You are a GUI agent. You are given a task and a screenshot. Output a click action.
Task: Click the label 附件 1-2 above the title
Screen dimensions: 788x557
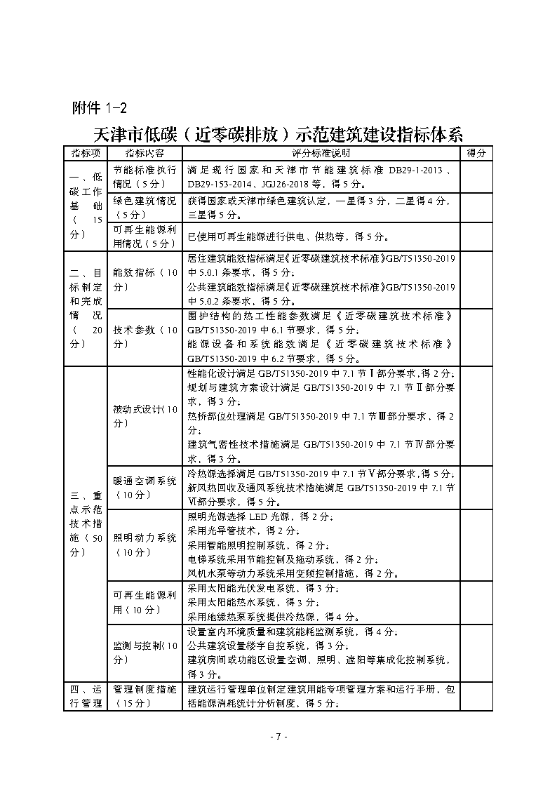pos(100,107)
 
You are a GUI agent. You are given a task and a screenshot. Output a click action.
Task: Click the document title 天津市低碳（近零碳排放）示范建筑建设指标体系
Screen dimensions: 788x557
pos(278,133)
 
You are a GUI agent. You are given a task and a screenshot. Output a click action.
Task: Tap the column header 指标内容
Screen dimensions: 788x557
pos(145,153)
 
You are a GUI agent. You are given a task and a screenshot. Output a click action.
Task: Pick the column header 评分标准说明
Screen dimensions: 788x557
pos(321,153)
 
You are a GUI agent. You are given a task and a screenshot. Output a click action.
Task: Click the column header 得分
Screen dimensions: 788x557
pos(476,153)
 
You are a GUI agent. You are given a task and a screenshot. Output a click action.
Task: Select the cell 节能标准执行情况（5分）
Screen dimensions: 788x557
pos(145,177)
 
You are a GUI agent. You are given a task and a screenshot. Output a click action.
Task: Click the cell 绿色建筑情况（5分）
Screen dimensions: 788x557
pos(145,208)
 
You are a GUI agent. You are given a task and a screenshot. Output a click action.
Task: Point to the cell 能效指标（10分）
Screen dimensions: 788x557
pos(145,279)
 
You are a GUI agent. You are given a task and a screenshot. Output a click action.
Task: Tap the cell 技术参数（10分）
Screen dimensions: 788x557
pos(145,338)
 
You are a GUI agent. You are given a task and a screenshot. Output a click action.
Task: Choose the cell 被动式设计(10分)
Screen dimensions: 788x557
pos(145,416)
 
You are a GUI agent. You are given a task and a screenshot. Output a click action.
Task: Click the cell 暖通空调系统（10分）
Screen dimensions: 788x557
pos(145,488)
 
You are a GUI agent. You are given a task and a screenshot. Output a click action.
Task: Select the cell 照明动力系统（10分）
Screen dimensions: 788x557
pos(145,545)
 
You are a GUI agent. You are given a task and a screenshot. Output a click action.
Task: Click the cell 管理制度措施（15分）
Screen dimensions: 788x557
pos(145,696)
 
